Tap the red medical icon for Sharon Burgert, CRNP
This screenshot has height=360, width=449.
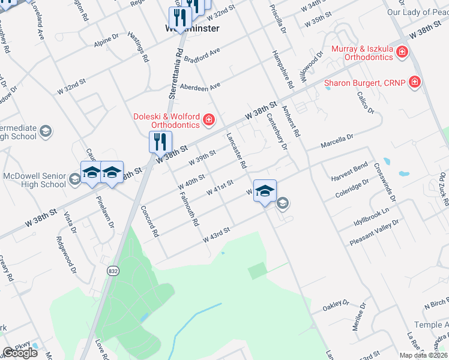(x=414, y=82)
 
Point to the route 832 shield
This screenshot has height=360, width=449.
(x=112, y=272)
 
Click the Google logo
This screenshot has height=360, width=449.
(x=20, y=353)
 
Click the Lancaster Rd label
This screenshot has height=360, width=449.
(x=236, y=151)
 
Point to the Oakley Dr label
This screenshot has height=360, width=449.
(x=337, y=304)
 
